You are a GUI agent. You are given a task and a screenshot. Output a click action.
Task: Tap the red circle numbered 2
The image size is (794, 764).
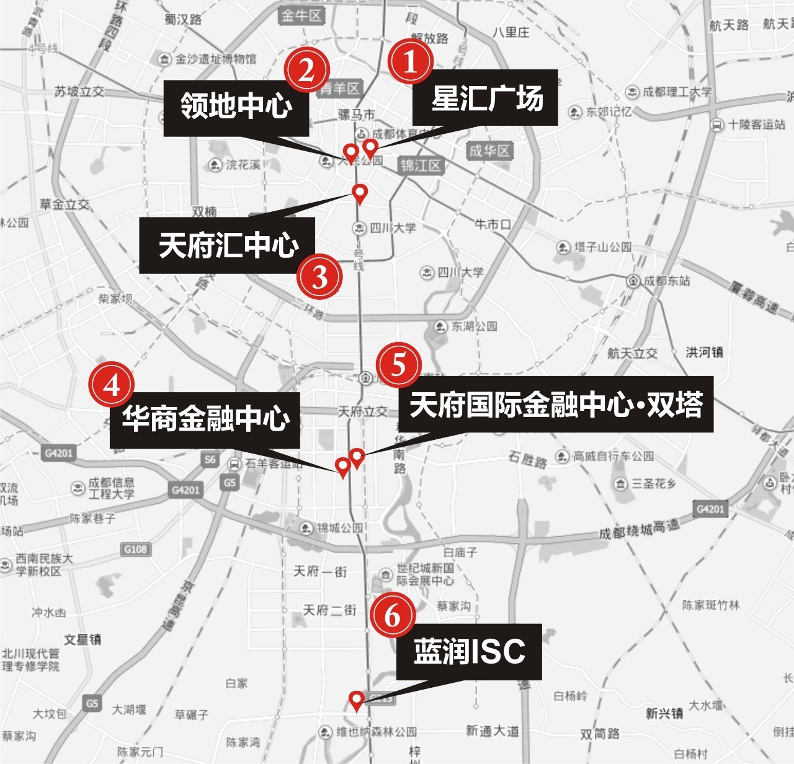pos(306,70)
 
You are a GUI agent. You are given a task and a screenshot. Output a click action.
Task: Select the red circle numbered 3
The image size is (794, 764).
pos(319,276)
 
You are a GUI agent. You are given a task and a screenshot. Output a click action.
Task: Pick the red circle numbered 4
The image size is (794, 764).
pos(112,385)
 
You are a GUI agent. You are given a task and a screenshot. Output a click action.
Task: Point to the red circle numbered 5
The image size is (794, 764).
pos(398,365)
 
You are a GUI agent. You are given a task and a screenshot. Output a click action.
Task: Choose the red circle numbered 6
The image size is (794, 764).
pos(393,615)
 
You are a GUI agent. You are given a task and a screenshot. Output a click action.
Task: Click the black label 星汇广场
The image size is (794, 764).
pos(486,98)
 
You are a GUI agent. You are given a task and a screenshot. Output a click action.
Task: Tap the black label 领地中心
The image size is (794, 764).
pos(236,107)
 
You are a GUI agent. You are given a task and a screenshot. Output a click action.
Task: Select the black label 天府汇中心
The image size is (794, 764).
pos(227,245)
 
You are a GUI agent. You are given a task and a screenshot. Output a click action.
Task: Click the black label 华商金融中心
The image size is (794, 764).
pos(205,420)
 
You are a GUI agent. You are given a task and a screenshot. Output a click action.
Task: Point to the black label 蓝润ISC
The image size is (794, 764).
pos(469,652)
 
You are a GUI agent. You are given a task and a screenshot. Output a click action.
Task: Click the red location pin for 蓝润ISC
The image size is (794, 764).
pos(356,701)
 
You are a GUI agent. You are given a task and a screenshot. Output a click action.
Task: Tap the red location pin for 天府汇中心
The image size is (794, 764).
pos(359,194)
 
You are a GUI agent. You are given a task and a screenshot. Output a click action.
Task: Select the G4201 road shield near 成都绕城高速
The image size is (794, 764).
pos(710,509)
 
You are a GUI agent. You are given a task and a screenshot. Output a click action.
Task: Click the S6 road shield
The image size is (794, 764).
pos(210,459)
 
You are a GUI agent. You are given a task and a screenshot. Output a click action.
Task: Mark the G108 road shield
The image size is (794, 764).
pos(135,549)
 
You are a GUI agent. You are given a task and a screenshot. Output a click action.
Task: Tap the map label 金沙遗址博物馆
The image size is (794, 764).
pos(208,59)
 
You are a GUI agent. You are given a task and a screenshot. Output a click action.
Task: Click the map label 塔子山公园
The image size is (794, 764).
pos(595,247)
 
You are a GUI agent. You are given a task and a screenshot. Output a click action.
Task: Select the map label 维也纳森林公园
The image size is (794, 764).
pos(369,732)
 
